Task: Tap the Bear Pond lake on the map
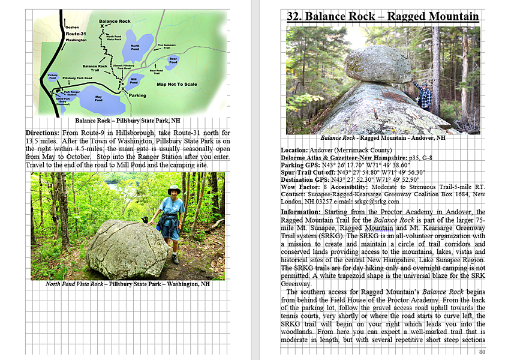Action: (x=173, y=61)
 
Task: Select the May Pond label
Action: (x=98, y=98)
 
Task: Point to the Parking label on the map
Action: (x=137, y=95)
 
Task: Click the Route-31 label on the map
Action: (x=76, y=34)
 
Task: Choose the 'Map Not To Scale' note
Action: (x=177, y=84)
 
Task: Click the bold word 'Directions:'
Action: (x=42, y=133)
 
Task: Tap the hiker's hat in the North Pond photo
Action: (x=174, y=189)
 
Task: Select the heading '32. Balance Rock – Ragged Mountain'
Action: (x=383, y=16)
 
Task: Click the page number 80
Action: (x=482, y=352)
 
